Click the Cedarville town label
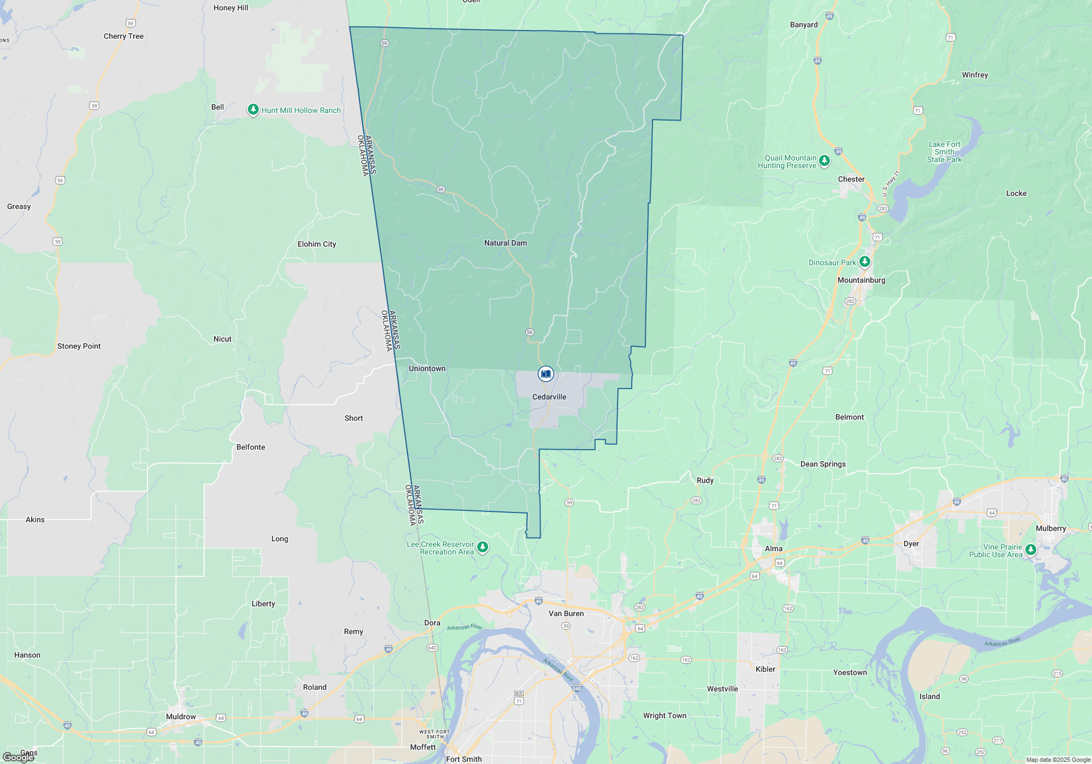[x=549, y=397]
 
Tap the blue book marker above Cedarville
[x=545, y=374]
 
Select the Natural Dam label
[x=505, y=243]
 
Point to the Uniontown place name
[x=427, y=368]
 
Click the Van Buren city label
[x=566, y=613]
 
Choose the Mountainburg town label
[x=861, y=280]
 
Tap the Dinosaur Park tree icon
[x=864, y=262]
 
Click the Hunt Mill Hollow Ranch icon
[x=253, y=110]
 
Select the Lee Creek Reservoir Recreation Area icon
[x=482, y=547]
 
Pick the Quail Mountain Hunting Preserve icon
[x=824, y=160]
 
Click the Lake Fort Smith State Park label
[x=944, y=152]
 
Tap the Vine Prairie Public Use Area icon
[x=1030, y=550]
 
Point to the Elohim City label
[x=317, y=244]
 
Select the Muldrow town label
[x=181, y=717]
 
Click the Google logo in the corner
[x=18, y=757]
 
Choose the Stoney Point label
[x=79, y=346]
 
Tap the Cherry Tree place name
[x=123, y=36]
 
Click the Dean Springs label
[x=823, y=464]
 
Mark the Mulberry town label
[x=1051, y=528]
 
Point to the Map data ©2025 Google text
[x=1058, y=760]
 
